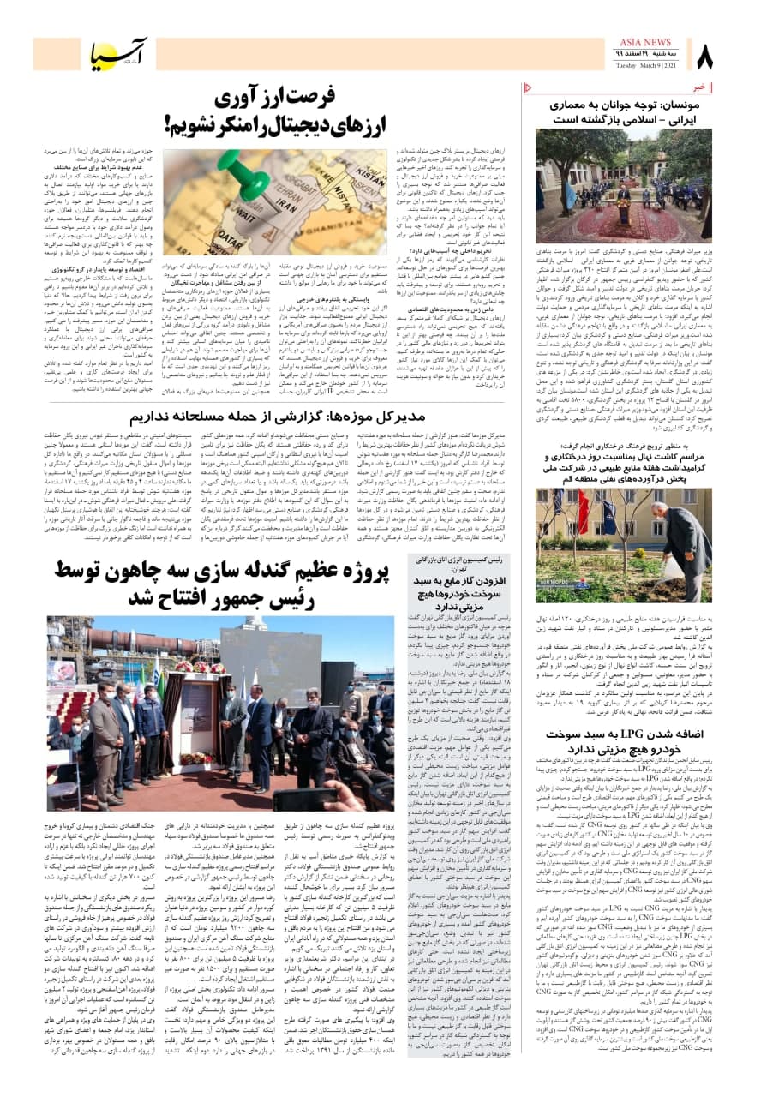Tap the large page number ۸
704,58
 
